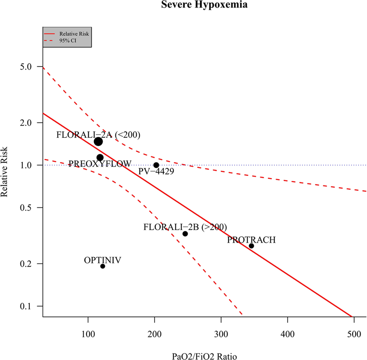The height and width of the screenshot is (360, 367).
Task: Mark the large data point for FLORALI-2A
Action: [x=98, y=141]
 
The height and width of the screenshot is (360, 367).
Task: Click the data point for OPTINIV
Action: [x=103, y=266]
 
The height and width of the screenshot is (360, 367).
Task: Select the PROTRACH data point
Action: [x=251, y=246]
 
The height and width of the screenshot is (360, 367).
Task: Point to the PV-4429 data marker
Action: [x=156, y=165]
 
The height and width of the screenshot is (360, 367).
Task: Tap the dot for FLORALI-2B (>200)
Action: [x=185, y=234]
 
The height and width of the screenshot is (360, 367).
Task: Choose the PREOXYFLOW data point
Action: [x=100, y=157]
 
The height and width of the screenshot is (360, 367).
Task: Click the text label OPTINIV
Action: [x=102, y=260]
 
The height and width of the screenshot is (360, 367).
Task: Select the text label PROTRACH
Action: [x=251, y=240]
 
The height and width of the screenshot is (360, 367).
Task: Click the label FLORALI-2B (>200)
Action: [x=185, y=227]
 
